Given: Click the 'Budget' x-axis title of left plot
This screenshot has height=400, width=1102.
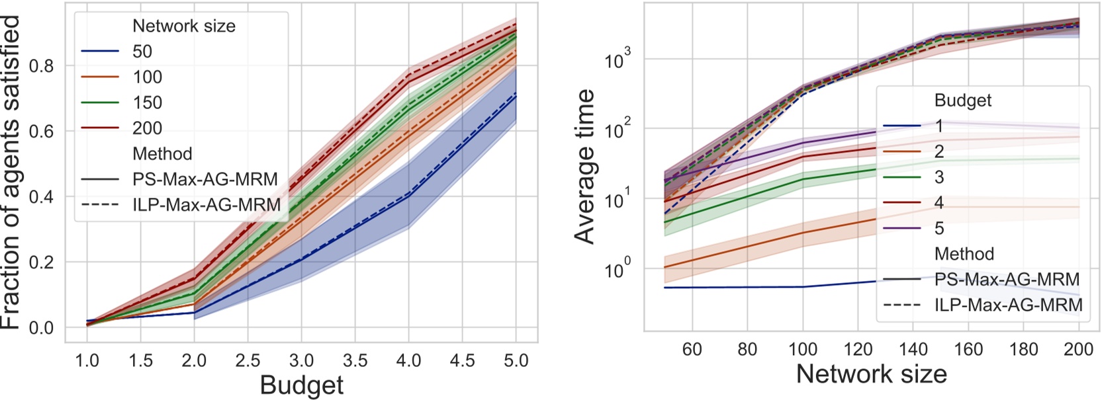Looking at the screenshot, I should (302, 385).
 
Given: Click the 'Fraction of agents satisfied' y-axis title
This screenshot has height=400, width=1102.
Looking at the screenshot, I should (12, 172).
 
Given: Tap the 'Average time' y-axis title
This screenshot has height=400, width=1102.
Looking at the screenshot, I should (585, 167).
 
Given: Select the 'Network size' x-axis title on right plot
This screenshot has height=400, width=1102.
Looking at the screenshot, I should (871, 374).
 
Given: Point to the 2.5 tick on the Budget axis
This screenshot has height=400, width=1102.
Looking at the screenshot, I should (248, 360).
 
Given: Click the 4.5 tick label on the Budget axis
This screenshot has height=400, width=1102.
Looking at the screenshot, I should (462, 360).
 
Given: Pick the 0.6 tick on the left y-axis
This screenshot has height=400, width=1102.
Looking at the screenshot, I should (41, 131).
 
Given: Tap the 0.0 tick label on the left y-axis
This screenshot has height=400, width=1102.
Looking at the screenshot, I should (41, 328).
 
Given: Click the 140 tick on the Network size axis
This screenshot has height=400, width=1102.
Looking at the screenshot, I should (913, 349).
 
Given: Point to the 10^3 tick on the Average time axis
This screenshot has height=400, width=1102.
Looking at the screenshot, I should (618, 60).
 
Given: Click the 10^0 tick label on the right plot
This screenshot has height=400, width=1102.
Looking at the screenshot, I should (618, 270).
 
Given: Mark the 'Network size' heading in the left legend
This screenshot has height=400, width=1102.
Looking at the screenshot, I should (184, 26).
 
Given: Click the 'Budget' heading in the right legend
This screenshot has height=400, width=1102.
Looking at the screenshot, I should (963, 100).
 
